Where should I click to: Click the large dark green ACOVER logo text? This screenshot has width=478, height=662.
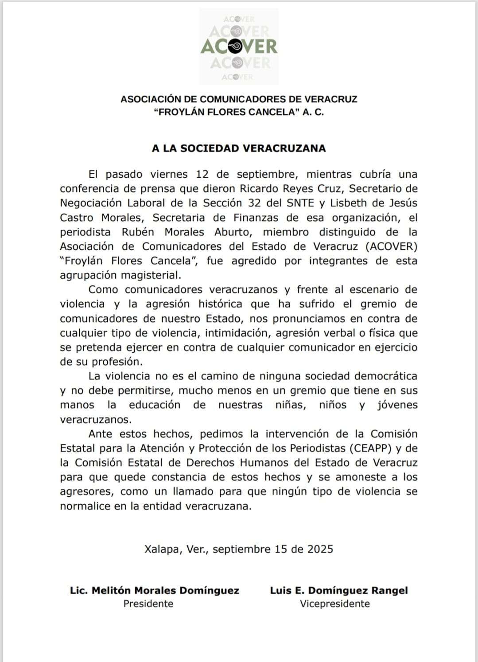[239, 46]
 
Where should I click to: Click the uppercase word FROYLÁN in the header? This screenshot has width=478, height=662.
[178, 112]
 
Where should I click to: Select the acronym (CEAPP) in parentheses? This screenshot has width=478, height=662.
[370, 448]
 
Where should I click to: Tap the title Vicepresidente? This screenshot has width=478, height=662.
[334, 604]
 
